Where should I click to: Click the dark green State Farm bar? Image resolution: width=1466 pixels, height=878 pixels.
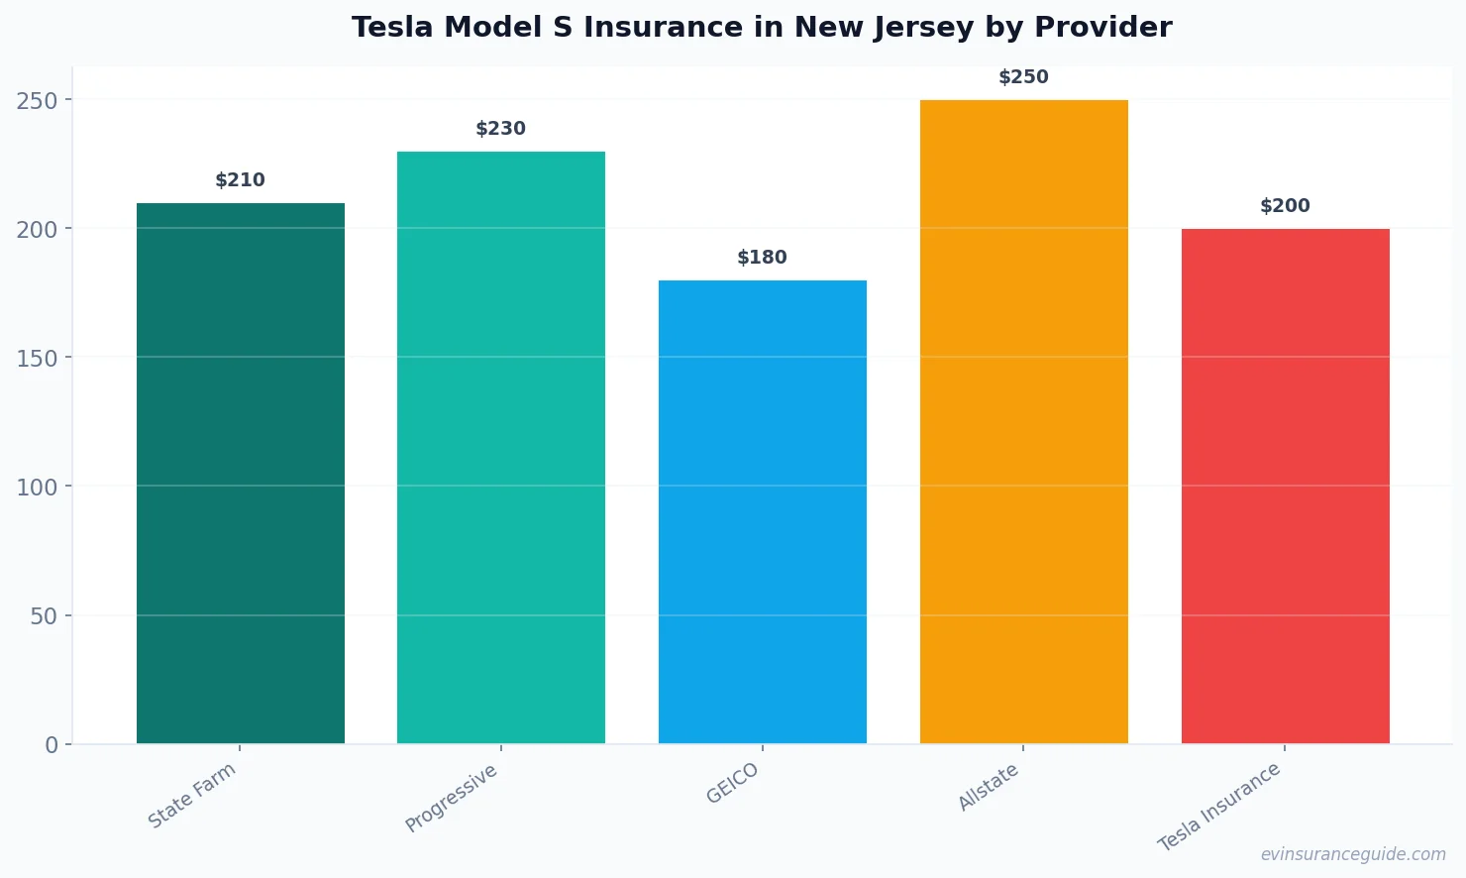pyautogui.click(x=240, y=473)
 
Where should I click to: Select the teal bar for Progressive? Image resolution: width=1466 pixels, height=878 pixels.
pyautogui.click(x=500, y=447)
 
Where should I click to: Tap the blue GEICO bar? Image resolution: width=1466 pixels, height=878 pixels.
pyautogui.click(x=762, y=511)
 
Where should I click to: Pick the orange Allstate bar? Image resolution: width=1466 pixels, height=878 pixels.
pyautogui.click(x=1023, y=421)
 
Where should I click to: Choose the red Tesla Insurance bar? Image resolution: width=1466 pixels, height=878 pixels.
pyautogui.click(x=1285, y=486)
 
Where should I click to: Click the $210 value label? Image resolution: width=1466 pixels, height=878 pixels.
pyautogui.click(x=240, y=180)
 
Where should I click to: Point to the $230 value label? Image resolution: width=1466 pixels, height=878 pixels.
pyautogui.click(x=500, y=129)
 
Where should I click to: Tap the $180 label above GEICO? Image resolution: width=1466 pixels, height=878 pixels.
pyautogui.click(x=762, y=258)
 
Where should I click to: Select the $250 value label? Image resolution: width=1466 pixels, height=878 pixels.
pyautogui.click(x=1023, y=77)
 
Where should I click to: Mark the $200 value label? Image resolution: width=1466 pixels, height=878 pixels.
pyautogui.click(x=1285, y=206)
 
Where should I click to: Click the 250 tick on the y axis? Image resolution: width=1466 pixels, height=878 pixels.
pyautogui.click(x=37, y=100)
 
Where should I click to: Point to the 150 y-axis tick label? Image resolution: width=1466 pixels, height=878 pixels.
pyautogui.click(x=37, y=358)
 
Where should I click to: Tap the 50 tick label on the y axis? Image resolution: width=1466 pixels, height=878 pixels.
pyautogui.click(x=44, y=616)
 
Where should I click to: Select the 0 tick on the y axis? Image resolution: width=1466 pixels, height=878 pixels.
pyautogui.click(x=52, y=745)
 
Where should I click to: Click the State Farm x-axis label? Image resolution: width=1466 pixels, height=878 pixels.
pyautogui.click(x=192, y=796)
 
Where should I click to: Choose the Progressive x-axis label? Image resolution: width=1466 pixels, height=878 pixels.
pyautogui.click(x=452, y=799)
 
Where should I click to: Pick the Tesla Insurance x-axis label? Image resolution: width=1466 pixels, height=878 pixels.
pyautogui.click(x=1219, y=807)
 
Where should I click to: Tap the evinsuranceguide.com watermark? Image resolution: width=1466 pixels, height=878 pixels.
pyautogui.click(x=1353, y=854)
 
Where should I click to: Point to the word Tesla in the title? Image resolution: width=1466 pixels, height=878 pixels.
pyautogui.click(x=393, y=28)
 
